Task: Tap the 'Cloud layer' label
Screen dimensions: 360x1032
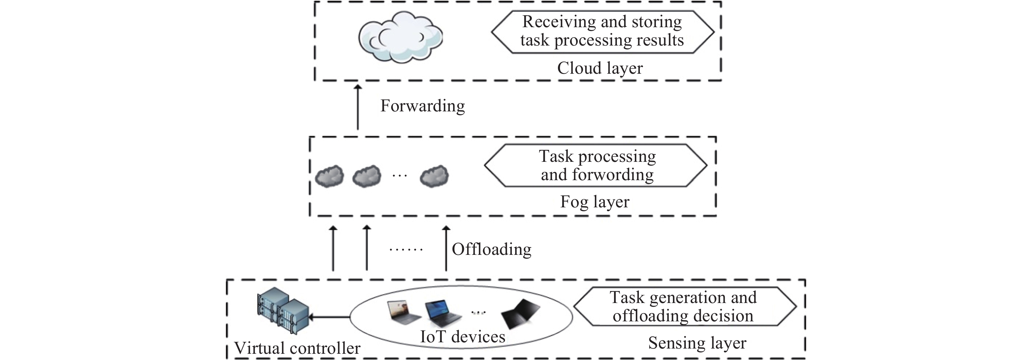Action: pos(600,68)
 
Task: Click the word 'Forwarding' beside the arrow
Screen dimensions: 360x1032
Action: pos(422,106)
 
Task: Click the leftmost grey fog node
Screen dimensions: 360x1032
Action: pos(329,176)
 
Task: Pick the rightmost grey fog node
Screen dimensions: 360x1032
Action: pos(434,176)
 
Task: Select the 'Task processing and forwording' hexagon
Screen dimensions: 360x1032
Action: pos(597,165)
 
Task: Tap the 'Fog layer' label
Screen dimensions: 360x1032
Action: pos(595,202)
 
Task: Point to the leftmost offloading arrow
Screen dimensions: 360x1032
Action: pos(333,249)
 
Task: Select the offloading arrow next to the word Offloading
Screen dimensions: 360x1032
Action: pos(446,249)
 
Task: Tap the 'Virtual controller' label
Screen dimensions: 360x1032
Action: pos(297,348)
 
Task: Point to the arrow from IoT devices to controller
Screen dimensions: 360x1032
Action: pos(329,317)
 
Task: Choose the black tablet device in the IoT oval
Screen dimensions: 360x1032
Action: pos(520,314)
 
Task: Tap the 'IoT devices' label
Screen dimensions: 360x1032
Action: pos(462,336)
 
